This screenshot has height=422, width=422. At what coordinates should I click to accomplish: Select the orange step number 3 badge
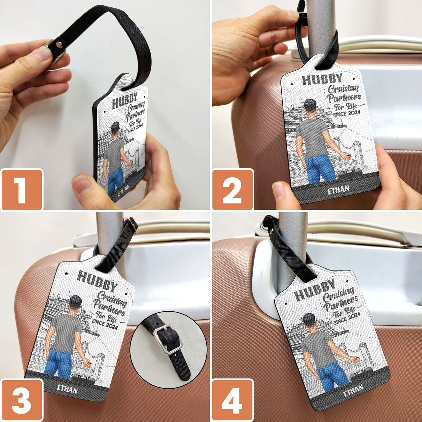[x=22, y=400]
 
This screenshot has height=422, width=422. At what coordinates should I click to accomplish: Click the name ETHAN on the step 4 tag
[x=353, y=390]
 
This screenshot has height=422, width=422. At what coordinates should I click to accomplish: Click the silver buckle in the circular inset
[x=166, y=340]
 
